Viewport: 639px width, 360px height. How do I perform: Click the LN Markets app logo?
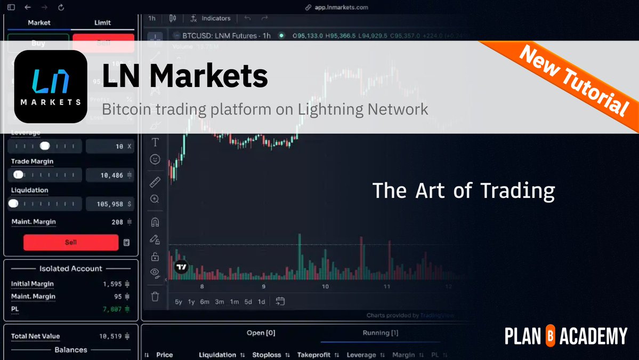click(51, 86)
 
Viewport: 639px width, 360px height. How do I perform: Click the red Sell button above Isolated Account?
click(71, 242)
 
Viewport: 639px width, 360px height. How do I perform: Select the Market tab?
click(39, 22)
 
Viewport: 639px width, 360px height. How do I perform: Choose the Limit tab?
click(102, 22)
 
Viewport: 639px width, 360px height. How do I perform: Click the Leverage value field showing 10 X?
click(109, 146)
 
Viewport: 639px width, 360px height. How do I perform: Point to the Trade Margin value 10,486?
click(109, 175)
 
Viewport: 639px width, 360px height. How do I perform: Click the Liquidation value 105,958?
click(109, 204)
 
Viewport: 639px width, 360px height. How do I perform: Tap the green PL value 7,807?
click(112, 309)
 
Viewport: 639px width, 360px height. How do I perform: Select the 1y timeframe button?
click(191, 302)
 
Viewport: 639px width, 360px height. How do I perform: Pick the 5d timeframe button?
click(248, 302)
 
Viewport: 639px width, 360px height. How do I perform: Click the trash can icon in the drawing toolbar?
click(155, 297)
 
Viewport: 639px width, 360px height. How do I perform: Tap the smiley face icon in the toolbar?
click(155, 159)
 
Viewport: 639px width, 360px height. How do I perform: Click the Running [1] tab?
click(380, 333)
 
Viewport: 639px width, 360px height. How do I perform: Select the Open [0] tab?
click(261, 333)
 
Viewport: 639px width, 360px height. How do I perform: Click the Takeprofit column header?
click(314, 355)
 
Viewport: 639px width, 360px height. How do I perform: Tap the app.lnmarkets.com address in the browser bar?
click(342, 7)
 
